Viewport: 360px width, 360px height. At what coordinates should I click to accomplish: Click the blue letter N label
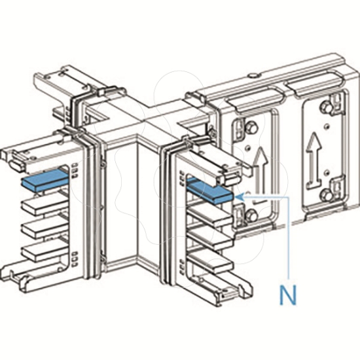[288, 295]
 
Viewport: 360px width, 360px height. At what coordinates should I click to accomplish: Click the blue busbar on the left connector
[45, 181]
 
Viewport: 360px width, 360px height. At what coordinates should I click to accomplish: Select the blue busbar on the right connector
[209, 190]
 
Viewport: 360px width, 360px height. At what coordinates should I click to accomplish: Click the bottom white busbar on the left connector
[45, 252]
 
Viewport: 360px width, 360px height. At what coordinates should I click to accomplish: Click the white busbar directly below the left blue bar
[45, 204]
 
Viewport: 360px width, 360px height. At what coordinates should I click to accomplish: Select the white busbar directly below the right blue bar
[210, 215]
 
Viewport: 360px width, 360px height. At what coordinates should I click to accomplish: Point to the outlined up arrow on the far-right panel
[313, 159]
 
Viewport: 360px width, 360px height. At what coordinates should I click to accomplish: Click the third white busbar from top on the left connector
[45, 228]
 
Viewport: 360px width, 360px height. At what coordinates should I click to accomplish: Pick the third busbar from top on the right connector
[210, 239]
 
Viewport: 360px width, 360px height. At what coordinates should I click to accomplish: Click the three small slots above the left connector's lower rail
[75, 259]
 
